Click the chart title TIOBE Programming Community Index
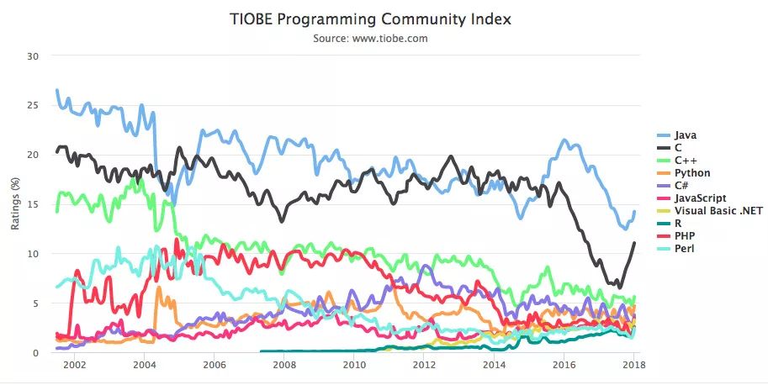tap(383, 18)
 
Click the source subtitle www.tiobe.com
tap(383, 38)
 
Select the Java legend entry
tap(686, 134)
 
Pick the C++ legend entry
tap(686, 160)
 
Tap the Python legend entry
tap(691, 172)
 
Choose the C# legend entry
tap(683, 186)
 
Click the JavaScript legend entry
tap(698, 198)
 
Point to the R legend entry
tap(678, 224)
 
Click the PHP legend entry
tap(685, 236)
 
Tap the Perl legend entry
tap(685, 249)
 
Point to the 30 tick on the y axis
tap(34, 55)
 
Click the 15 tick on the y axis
tap(34, 204)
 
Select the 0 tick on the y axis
tap(36, 353)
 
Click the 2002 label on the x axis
tap(74, 366)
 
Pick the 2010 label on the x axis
tap(354, 366)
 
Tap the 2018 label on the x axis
tap(634, 366)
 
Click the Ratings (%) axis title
tap(14, 204)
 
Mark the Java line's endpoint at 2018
tap(634, 212)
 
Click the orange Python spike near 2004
tap(158, 288)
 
